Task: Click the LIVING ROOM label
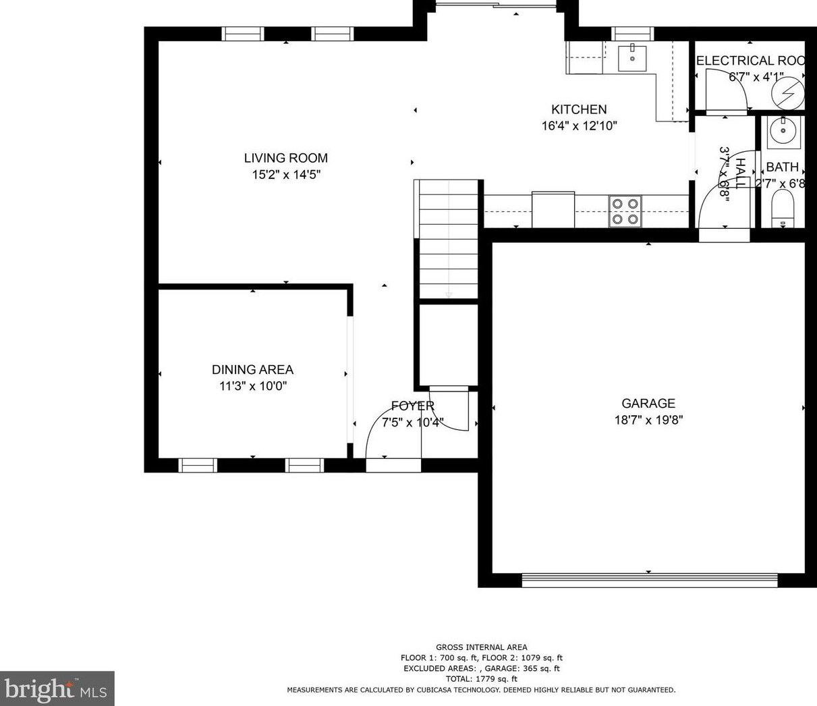285,158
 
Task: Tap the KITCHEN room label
579,109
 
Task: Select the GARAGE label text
648,404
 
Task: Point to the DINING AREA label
252,370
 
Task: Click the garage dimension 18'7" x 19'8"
648,420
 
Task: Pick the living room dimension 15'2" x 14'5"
285,175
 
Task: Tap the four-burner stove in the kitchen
625,211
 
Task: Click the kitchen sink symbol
632,58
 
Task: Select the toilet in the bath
783,208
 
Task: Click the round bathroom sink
783,131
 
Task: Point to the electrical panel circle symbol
789,92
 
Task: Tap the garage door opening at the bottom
650,580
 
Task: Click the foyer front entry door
393,464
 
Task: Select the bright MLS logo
57,688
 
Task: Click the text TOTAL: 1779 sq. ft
481,679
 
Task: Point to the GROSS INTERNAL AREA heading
481,647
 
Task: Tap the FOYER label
412,406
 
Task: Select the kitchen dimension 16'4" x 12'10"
579,126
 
